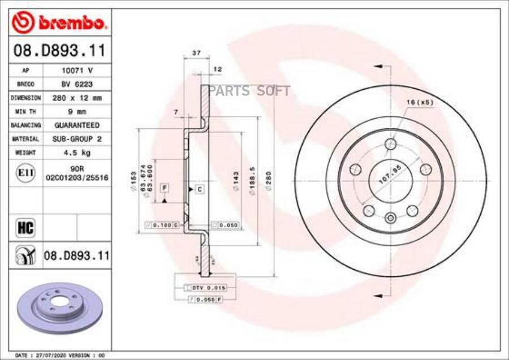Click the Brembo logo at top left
pos(59,22)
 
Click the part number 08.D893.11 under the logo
pos(59,51)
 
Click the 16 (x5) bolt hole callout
pos(419,102)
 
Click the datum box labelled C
pos(200,189)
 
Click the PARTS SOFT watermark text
pos(249,91)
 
